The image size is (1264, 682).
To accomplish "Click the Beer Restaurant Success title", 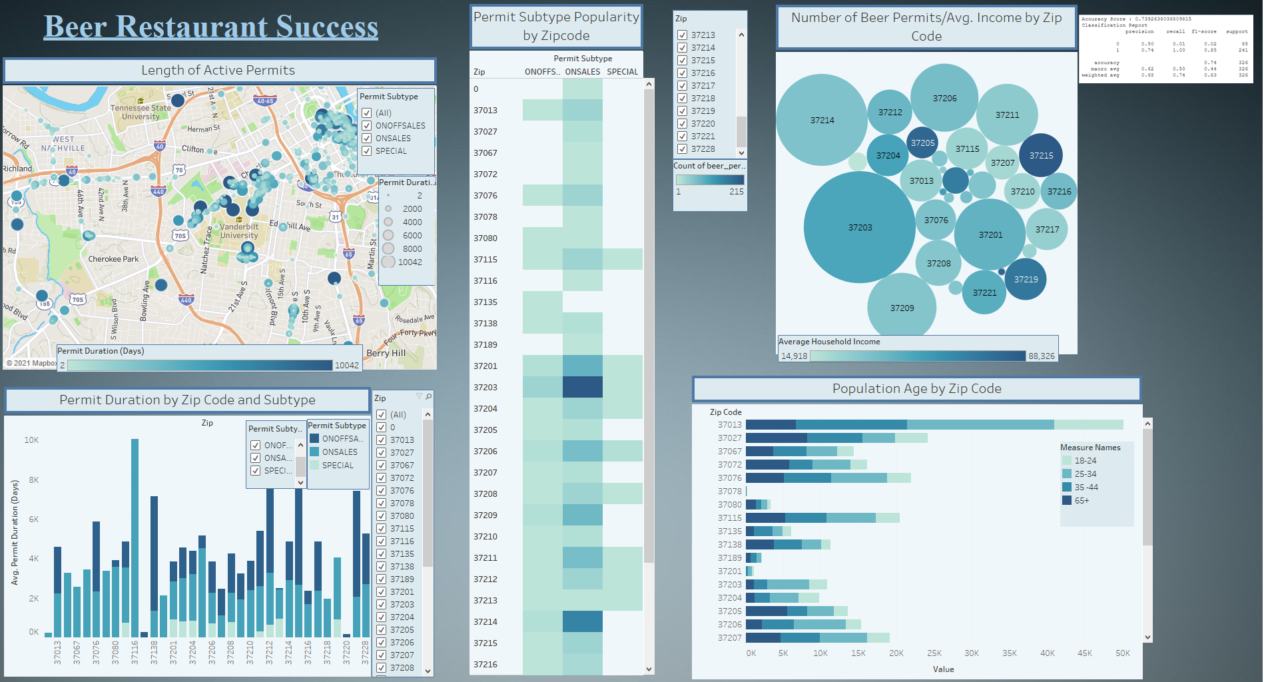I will [211, 27].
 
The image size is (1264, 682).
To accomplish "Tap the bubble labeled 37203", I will [860, 227].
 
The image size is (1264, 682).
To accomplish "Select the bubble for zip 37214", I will [822, 120].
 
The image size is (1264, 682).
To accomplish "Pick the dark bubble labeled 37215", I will [1041, 155].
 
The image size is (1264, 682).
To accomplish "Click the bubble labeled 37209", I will [902, 308].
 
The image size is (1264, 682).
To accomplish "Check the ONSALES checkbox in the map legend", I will [367, 139].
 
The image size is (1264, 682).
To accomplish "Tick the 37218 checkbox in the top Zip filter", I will [683, 99].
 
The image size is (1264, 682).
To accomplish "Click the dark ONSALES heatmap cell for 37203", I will [583, 387].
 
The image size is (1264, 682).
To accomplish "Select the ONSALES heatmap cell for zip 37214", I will [583, 621].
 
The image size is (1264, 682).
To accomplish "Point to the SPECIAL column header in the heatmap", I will [623, 72].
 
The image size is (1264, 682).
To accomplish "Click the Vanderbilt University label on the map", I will [239, 231].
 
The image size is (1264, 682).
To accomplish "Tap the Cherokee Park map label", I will [114, 259].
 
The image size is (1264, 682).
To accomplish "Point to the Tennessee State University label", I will [141, 112].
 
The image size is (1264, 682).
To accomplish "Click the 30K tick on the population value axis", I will [972, 653].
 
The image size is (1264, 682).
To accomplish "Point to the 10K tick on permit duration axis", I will [31, 440].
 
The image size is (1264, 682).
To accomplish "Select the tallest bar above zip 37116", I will [135, 533].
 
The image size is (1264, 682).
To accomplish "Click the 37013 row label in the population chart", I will [729, 425].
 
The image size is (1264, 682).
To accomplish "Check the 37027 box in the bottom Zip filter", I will [382, 453].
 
